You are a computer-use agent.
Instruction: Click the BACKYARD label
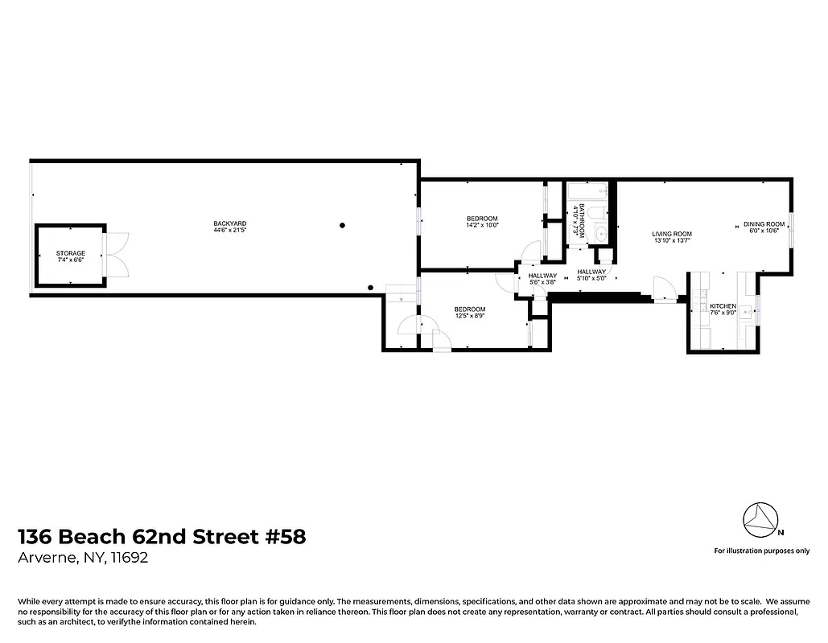click(229, 223)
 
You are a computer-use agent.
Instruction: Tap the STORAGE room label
click(71, 253)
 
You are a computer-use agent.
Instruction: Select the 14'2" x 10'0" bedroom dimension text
click(482, 226)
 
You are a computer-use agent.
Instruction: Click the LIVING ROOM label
click(671, 234)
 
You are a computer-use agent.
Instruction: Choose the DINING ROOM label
click(764, 224)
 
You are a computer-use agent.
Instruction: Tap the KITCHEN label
click(723, 306)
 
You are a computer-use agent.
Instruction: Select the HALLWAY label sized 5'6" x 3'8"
click(543, 276)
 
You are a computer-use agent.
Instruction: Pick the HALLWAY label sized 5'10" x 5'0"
click(591, 272)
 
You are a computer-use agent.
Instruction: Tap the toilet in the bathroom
click(597, 213)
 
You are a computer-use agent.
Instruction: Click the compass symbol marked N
click(760, 522)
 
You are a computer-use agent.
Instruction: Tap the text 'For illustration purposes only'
click(761, 551)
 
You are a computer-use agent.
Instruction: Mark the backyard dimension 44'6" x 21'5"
click(229, 231)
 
